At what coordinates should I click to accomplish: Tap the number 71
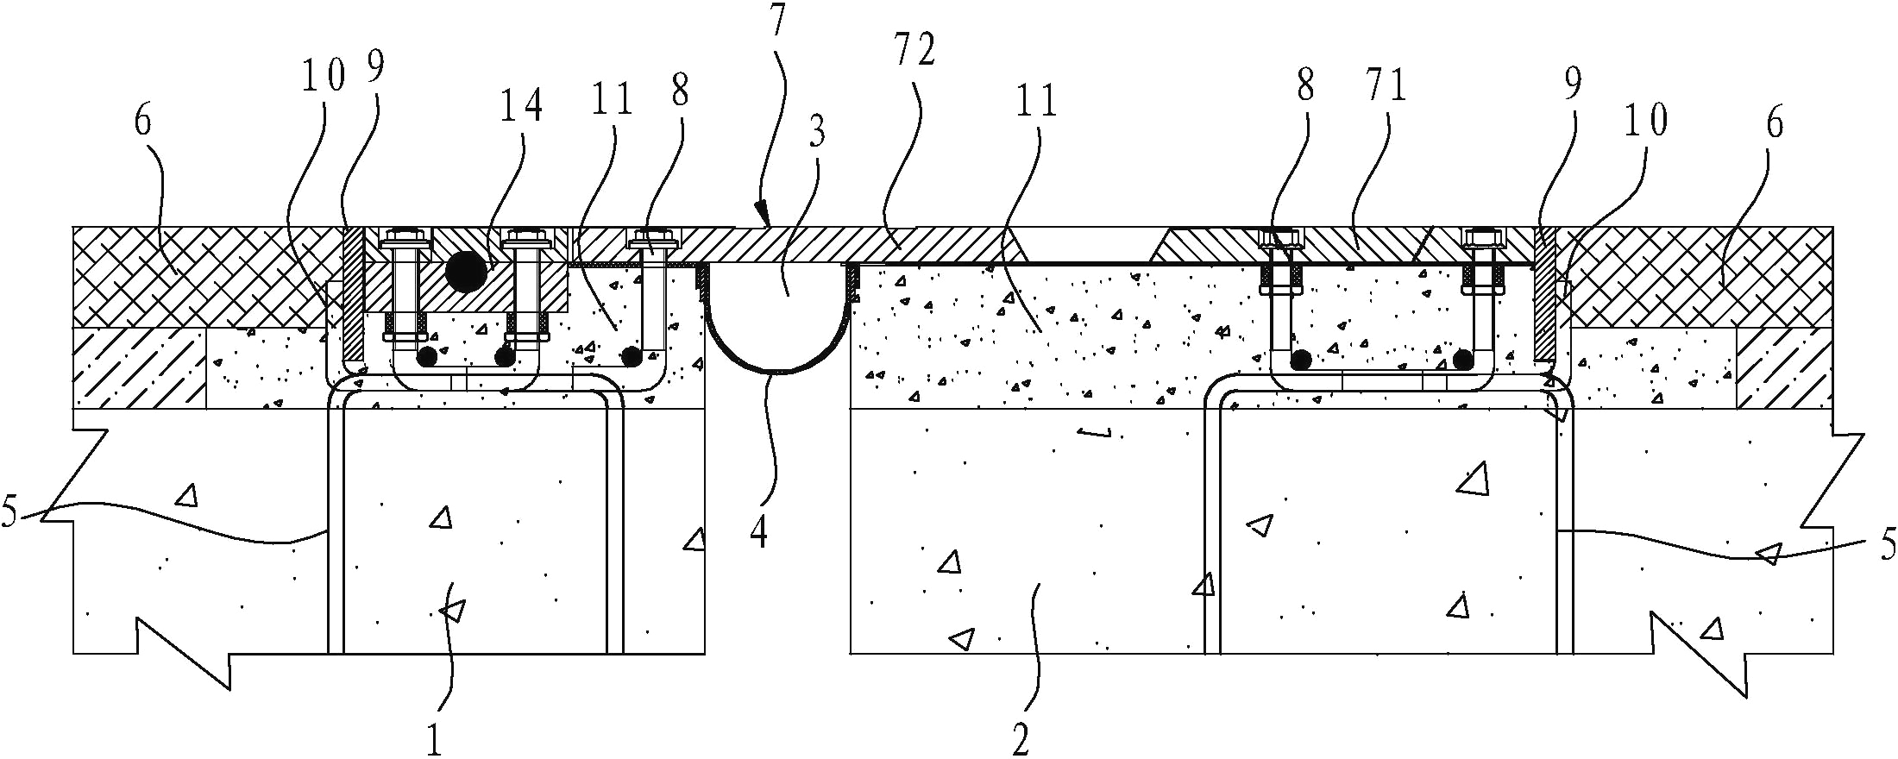tap(1386, 86)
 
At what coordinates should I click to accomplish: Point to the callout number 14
tap(522, 106)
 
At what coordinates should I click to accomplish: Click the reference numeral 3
tap(816, 132)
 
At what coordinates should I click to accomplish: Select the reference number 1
tap(434, 739)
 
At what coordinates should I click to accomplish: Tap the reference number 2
tap(1021, 738)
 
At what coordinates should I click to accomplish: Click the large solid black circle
tap(466, 272)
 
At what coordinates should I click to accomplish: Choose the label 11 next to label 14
tap(612, 100)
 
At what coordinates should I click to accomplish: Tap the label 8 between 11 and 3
tap(680, 90)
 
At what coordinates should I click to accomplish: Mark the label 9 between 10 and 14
tap(375, 66)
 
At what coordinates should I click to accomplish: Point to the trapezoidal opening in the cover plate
tap(1090, 244)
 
